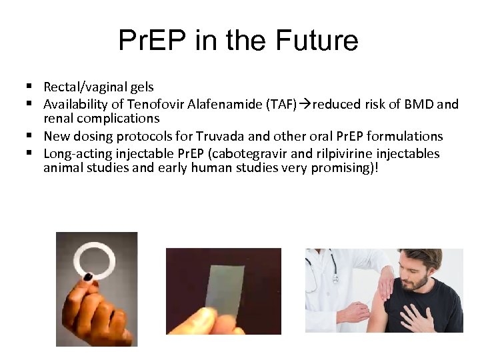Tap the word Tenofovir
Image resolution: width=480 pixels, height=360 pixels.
(x=151, y=104)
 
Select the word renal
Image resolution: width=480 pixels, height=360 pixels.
(x=58, y=119)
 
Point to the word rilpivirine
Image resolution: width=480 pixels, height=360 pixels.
(x=351, y=153)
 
